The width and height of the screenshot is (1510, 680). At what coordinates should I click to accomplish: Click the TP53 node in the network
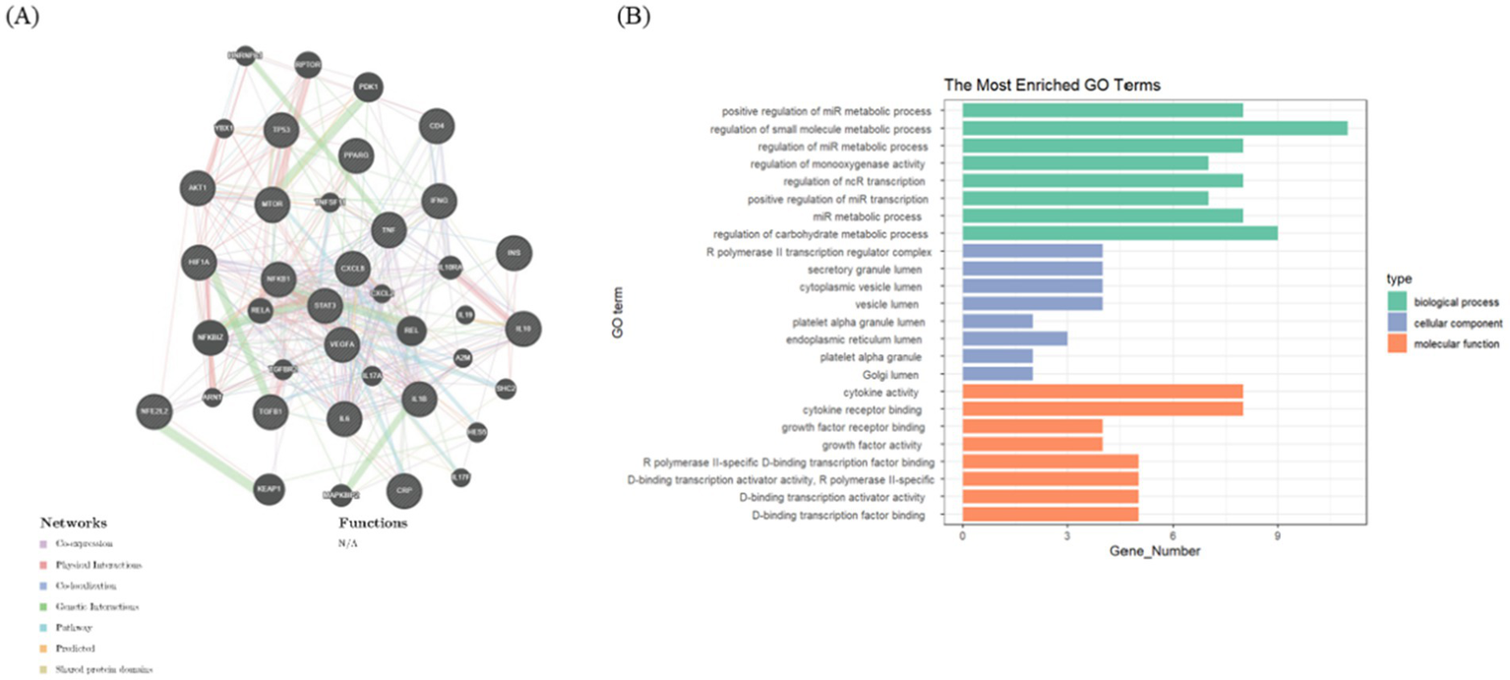coord(282,130)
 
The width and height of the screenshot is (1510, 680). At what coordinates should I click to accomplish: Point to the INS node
coord(513,253)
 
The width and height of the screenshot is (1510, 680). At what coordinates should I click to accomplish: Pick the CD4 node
coord(436,126)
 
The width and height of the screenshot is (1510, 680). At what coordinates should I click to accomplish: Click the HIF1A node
coord(197,262)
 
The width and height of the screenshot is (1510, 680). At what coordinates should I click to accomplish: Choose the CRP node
coord(403,489)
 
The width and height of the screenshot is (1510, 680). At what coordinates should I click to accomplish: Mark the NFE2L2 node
coord(156,409)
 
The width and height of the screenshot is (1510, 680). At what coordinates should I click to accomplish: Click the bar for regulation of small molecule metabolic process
coord(1154,128)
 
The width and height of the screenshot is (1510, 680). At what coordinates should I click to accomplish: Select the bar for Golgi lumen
coord(997,374)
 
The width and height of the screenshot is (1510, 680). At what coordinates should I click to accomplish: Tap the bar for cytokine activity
coord(1102,392)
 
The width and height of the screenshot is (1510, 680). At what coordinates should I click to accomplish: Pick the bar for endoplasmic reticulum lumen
coord(1014,339)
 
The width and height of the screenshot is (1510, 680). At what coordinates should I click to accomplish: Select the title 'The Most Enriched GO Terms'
coord(1052,86)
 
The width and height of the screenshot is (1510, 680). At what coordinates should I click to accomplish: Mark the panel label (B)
coord(634,19)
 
